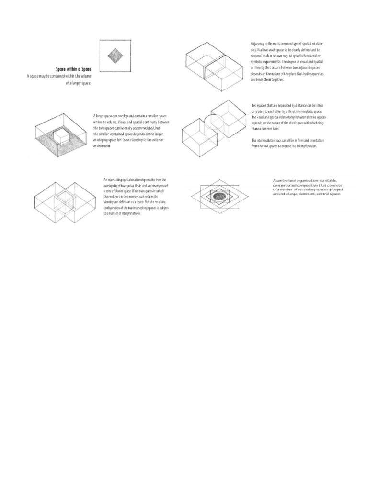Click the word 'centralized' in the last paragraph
click(x=287, y=181)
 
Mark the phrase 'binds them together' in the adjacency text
click(x=271, y=80)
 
